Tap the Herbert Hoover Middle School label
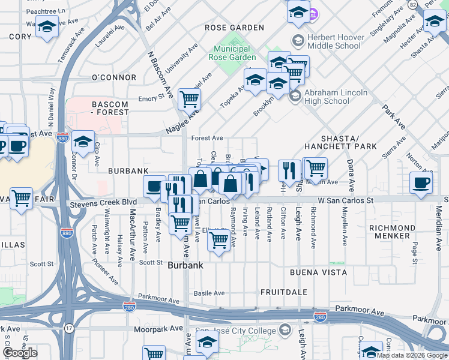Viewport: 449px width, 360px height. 334,41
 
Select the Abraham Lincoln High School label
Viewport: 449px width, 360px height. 335,97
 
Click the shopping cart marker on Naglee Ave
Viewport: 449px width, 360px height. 189,98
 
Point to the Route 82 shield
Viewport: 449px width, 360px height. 412,5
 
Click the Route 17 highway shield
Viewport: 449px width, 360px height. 68,328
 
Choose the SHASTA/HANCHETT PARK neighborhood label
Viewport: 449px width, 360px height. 340,142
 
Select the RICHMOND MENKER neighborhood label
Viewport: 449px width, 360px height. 392,232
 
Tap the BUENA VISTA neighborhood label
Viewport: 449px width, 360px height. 319,272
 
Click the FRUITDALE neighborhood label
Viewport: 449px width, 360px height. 284,292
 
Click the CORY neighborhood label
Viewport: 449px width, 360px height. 20,37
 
